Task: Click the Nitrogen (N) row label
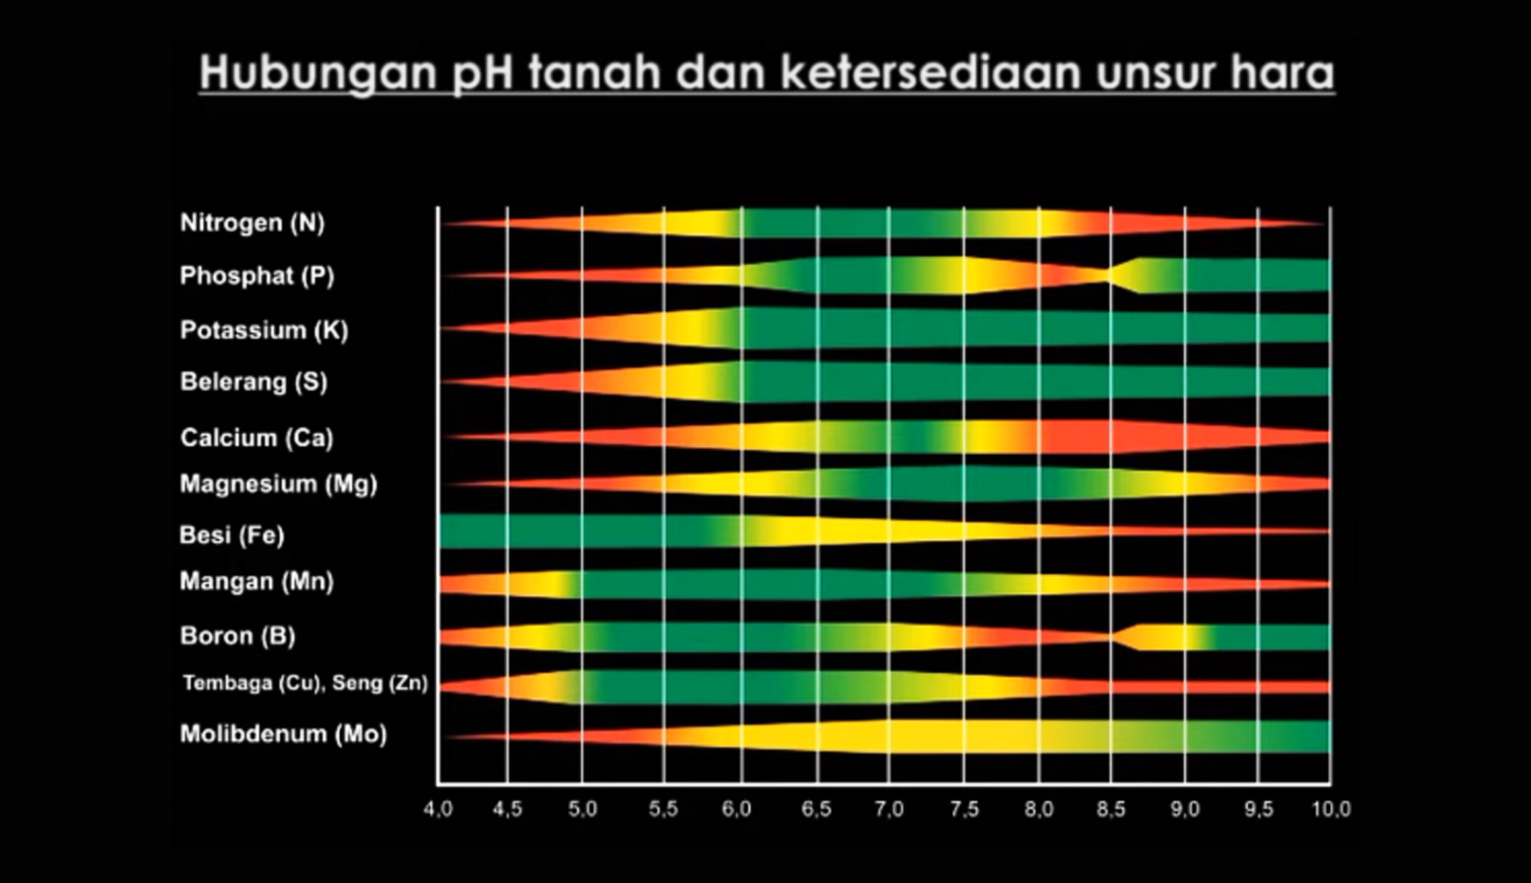coord(253,223)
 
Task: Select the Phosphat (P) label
coord(257,276)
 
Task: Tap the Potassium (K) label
coord(264,330)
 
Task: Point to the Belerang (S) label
coord(254,381)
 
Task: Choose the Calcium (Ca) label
coord(257,438)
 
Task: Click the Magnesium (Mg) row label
coord(279,484)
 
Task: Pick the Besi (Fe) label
coord(232,535)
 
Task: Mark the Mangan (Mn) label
coord(257,582)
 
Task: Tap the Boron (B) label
coord(238,636)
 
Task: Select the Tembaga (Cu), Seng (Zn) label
coord(306,683)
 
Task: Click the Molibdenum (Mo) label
coord(284,734)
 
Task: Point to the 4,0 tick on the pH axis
coord(438,809)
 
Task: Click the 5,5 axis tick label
coord(664,809)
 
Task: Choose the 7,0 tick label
coord(889,809)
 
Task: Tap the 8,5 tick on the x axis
coord(1111,809)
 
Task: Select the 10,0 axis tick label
coord(1331,809)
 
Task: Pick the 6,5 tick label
coord(816,809)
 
